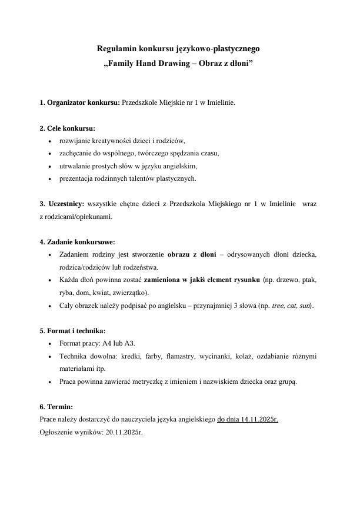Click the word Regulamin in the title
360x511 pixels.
[x=116, y=49]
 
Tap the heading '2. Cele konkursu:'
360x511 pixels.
[x=67, y=128]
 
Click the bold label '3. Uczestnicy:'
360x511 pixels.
[x=62, y=204]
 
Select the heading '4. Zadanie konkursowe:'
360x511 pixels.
[x=77, y=242]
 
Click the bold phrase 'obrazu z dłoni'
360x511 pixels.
[x=192, y=254]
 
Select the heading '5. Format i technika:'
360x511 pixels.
[x=72, y=331]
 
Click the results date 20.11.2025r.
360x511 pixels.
[x=124, y=432]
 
